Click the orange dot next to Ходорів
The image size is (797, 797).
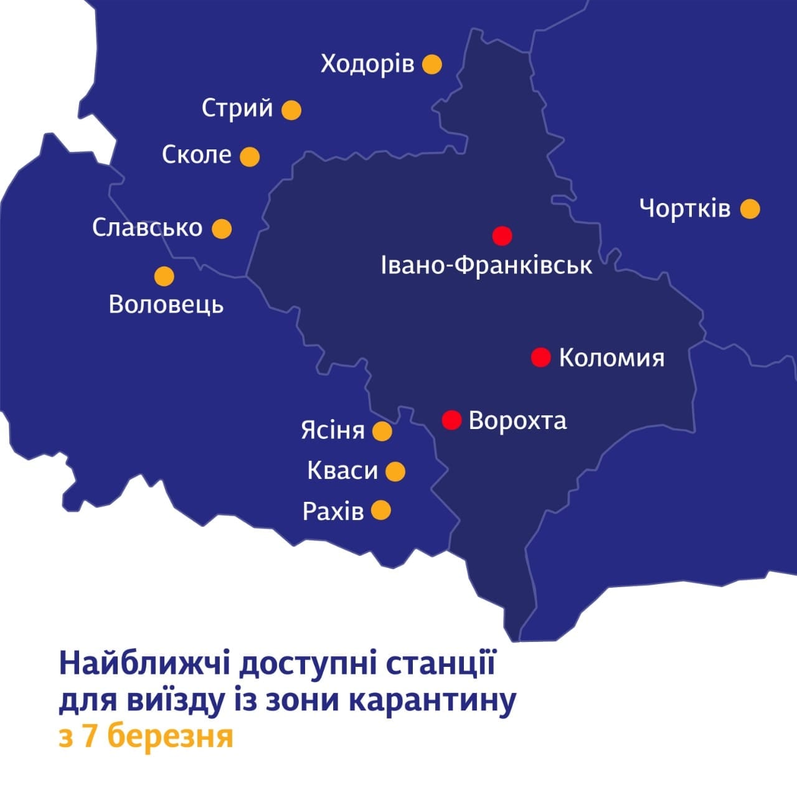[x=432, y=64]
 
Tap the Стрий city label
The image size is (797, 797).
[x=237, y=108]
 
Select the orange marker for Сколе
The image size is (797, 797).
[x=250, y=156]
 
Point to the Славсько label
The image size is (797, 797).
[x=148, y=227]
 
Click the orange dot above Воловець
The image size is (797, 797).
[x=164, y=276]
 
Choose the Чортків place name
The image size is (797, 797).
[x=685, y=208]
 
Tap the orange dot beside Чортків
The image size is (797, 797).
[x=750, y=209]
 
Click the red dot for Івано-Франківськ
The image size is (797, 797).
[x=502, y=236]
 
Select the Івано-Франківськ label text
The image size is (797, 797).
[x=486, y=266]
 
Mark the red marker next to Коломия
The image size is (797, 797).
[x=540, y=357]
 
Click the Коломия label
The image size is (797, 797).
[x=611, y=358]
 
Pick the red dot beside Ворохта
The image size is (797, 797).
[x=451, y=420]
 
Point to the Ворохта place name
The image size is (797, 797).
[x=517, y=420]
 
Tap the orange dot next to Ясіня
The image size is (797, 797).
[x=382, y=431]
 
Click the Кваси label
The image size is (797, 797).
[x=342, y=471]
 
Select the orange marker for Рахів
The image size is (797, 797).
[x=380, y=511]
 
